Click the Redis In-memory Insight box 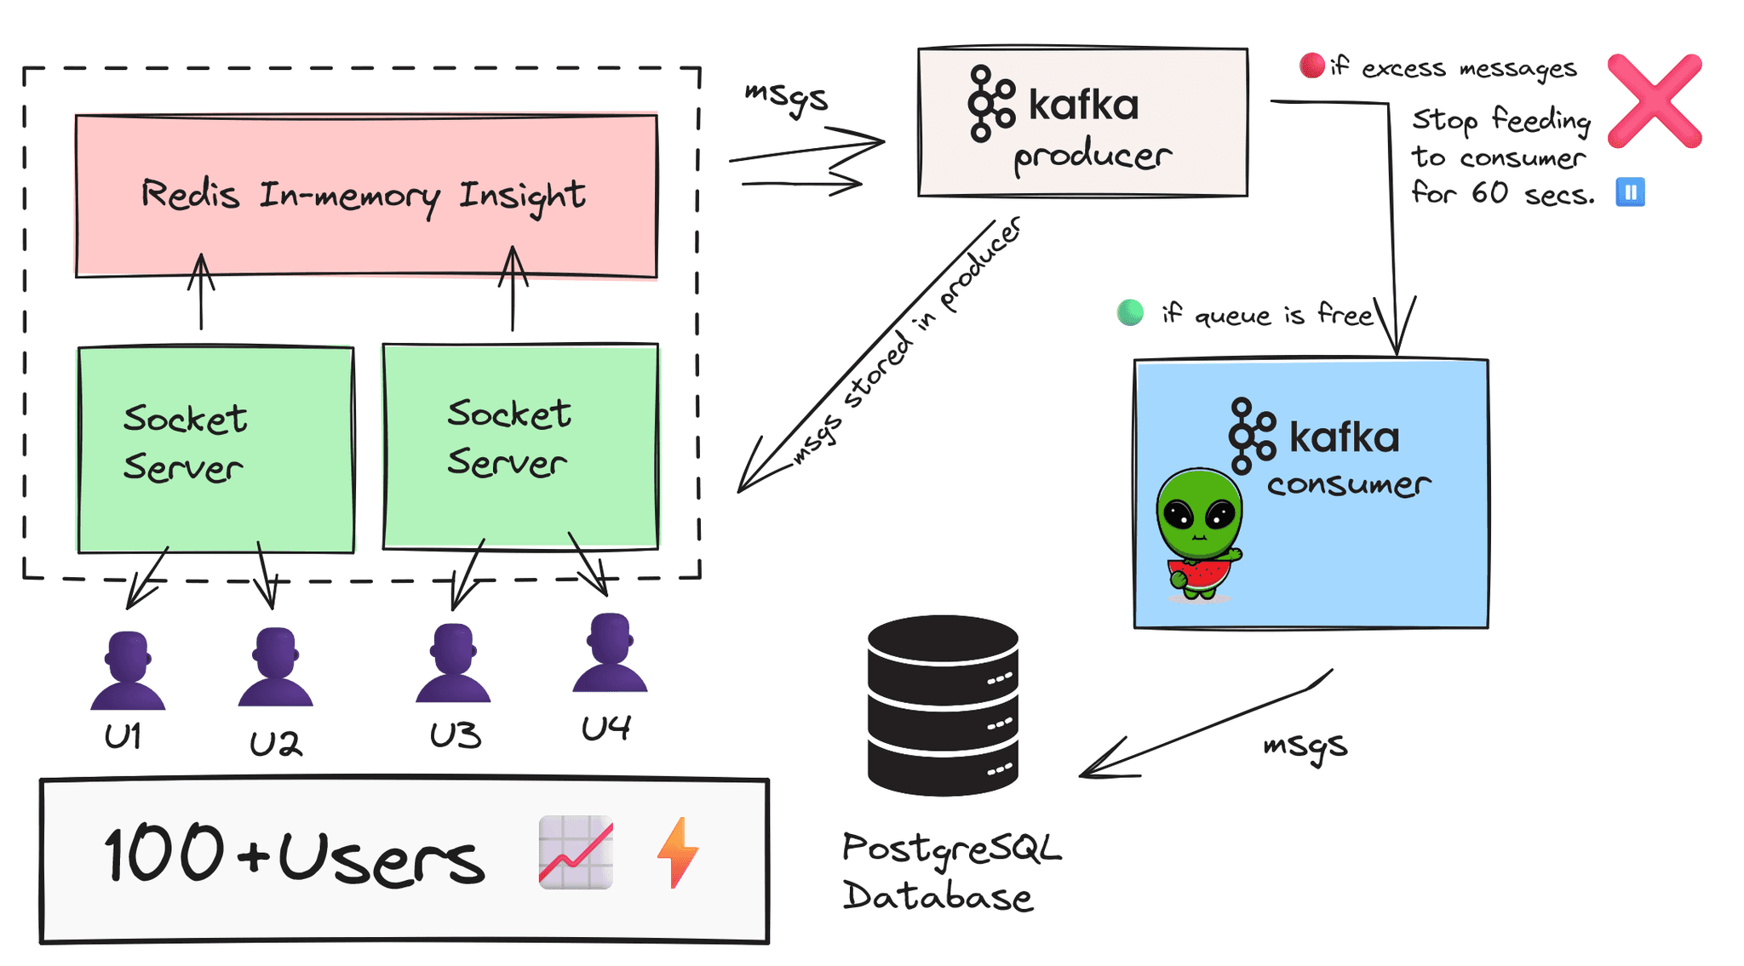366,196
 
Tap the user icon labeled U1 128,672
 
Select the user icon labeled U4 610,653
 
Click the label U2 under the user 275,744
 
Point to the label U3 455,735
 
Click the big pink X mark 1655,101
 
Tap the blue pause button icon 1630,192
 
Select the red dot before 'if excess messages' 1311,66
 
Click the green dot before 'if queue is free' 1130,312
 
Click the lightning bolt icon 678,853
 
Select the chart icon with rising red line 576,853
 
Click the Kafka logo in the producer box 990,103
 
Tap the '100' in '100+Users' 163,853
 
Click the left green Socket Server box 215,449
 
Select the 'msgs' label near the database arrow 1305,746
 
